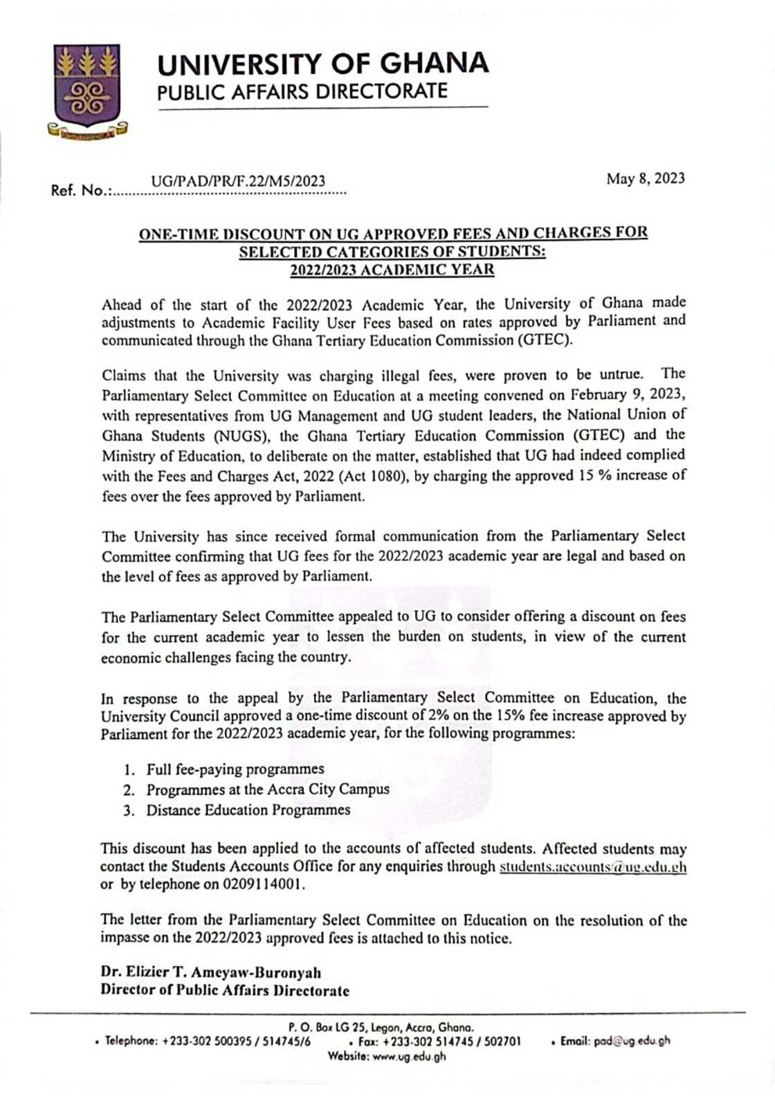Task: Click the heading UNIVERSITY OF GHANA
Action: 323,64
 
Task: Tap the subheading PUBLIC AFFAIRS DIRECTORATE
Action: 302,92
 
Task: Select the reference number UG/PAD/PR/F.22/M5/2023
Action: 238,182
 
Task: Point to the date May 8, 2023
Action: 645,179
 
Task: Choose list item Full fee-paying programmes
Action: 235,769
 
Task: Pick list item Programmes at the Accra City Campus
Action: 267,789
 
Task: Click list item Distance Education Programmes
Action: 248,810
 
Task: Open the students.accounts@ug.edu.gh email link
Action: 593,867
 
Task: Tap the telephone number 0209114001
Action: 263,885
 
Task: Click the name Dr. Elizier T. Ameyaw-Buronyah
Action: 210,972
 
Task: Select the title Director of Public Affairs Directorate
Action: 225,990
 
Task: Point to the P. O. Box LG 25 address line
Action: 380,1028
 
